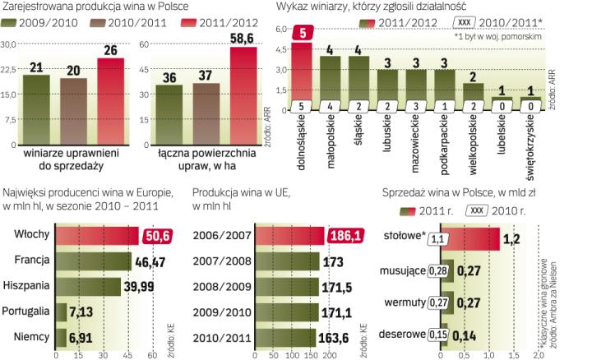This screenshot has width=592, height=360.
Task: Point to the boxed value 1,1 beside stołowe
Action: [460, 238]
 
